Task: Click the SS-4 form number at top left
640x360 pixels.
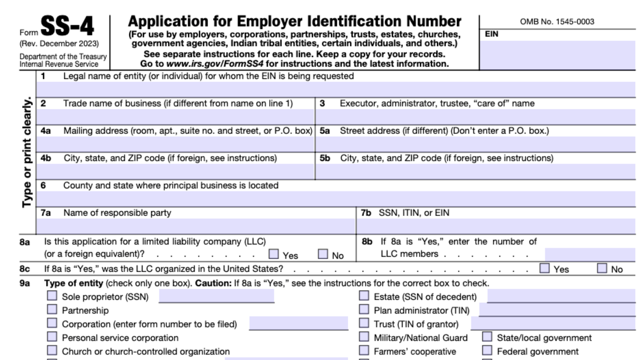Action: click(x=67, y=27)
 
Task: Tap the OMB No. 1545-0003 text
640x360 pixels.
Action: click(x=557, y=22)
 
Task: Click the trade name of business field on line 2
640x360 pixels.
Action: click(x=175, y=117)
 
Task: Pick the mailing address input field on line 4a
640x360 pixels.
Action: click(x=175, y=144)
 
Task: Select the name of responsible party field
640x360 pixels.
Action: click(x=196, y=226)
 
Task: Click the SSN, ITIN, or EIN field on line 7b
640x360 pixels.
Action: click(x=496, y=226)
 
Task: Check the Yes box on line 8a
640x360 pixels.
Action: click(x=273, y=254)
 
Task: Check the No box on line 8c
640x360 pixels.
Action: click(x=602, y=268)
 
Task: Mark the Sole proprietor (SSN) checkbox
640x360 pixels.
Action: click(x=52, y=296)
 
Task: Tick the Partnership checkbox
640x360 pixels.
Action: click(x=52, y=309)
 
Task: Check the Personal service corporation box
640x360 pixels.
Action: click(x=52, y=337)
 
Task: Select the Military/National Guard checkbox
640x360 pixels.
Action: click(x=364, y=337)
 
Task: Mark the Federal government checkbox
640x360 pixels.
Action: click(x=487, y=351)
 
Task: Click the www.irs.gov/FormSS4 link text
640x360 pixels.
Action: click(x=215, y=64)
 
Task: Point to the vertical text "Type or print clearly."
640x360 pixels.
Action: click(x=27, y=153)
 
